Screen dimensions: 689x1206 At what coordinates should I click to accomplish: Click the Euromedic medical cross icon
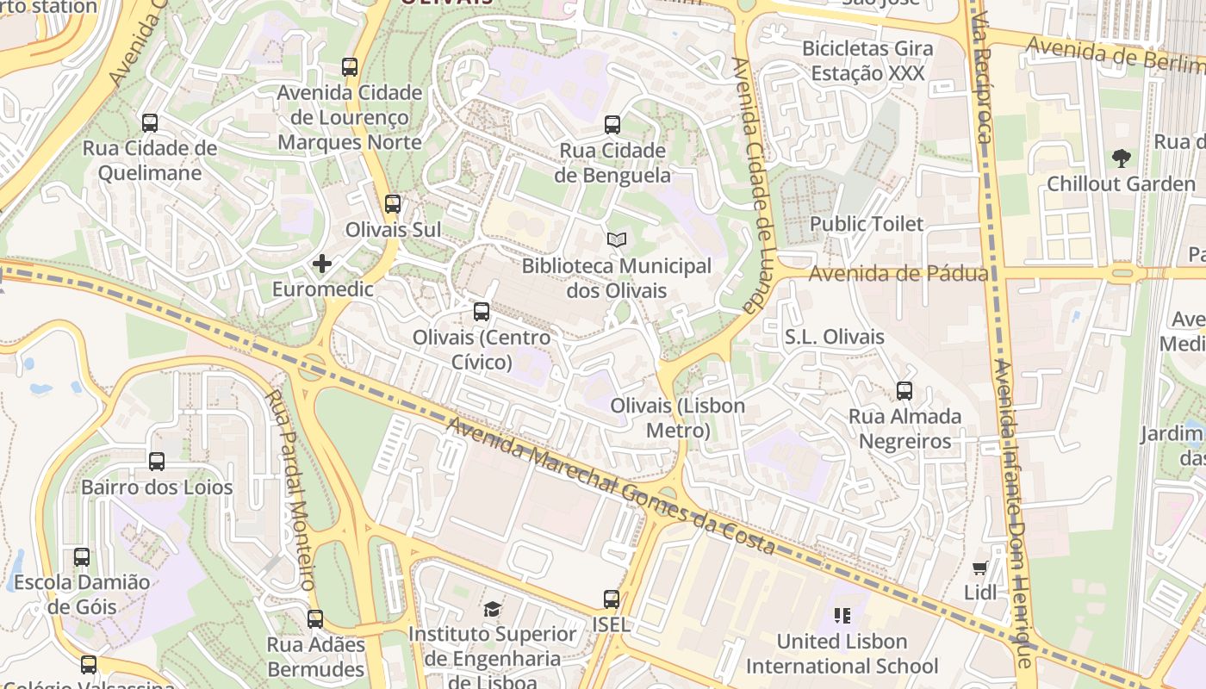tap(322, 264)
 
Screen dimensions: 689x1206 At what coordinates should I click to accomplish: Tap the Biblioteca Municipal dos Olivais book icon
tap(616, 240)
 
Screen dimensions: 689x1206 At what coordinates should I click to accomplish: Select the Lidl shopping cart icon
tap(979, 568)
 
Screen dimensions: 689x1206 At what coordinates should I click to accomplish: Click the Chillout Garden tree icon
tap(1121, 158)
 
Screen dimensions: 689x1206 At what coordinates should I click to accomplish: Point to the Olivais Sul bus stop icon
tap(393, 204)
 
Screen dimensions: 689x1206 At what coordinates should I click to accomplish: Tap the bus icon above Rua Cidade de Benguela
tap(612, 125)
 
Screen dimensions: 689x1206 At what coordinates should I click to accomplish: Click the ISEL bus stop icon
tap(612, 599)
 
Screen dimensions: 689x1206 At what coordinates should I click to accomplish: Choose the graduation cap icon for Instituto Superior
tap(492, 610)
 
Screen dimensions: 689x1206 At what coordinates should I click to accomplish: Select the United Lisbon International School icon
tap(842, 616)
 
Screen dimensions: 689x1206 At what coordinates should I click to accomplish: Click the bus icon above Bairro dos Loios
tap(157, 462)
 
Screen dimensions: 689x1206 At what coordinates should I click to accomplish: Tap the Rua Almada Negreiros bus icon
tap(904, 391)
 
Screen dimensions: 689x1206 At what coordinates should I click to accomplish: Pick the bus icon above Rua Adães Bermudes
tap(315, 618)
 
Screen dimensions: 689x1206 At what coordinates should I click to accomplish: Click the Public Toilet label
tap(866, 224)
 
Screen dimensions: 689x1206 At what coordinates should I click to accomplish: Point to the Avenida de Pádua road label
tap(898, 274)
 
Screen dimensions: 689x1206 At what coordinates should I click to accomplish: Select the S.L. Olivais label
tap(834, 337)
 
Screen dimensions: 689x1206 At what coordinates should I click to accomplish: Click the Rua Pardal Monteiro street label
tap(290, 491)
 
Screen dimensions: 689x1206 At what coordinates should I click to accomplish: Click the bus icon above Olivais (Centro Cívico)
tap(482, 312)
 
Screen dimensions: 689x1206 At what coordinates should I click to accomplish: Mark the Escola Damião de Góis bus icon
tap(82, 557)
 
